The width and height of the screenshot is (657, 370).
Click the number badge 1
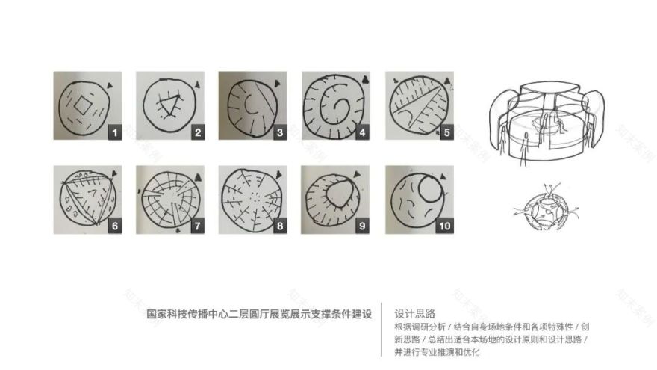[115, 133]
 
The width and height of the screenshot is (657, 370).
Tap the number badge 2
[198, 133]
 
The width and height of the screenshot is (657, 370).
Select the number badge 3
[280, 133]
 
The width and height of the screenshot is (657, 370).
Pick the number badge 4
[363, 133]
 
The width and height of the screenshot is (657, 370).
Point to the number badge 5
[446, 133]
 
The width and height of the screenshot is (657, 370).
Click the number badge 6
[115, 226]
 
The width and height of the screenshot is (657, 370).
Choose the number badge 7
[198, 226]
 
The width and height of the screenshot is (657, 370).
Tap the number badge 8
[280, 226]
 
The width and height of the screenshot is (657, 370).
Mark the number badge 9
[363, 226]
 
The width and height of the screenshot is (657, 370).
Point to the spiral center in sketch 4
[332, 103]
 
